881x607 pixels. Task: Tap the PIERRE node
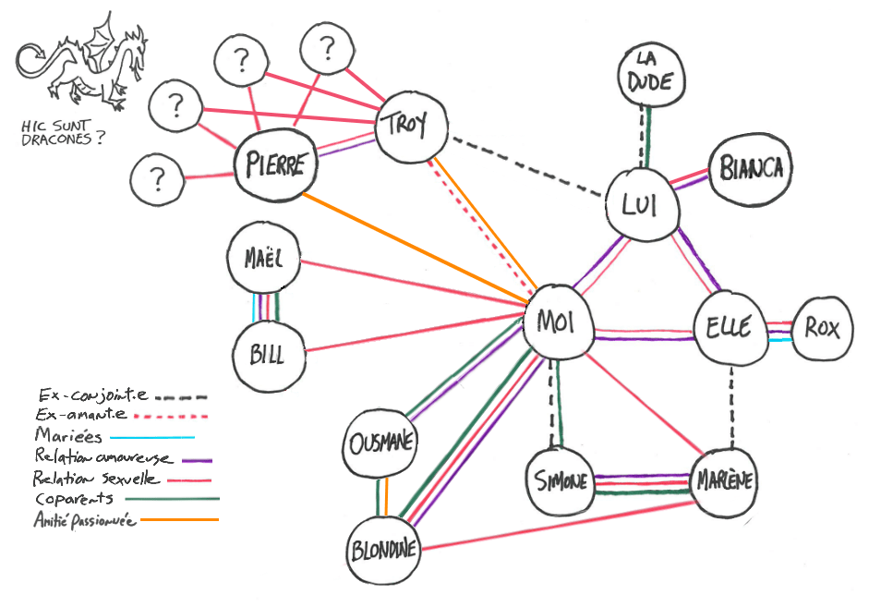click(274, 165)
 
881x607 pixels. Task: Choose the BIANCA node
click(751, 168)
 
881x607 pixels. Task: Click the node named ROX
click(822, 326)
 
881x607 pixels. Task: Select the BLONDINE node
click(384, 551)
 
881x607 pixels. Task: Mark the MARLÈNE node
click(724, 480)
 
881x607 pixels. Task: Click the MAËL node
click(266, 260)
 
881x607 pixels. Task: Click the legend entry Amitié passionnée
click(85, 520)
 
